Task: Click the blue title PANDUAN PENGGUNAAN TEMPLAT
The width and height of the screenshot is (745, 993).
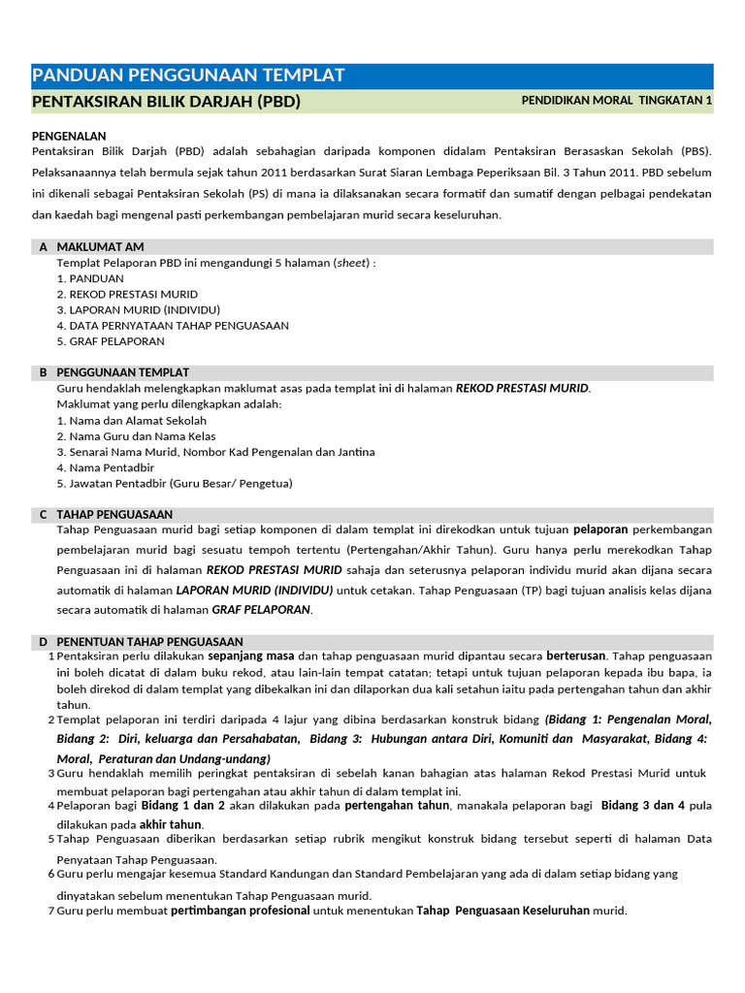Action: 188,76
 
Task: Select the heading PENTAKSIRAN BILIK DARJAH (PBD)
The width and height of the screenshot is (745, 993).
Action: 166,102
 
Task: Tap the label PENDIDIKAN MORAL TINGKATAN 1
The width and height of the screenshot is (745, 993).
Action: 616,100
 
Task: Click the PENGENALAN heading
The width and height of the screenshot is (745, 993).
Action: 69,137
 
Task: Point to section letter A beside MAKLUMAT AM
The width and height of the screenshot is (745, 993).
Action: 44,247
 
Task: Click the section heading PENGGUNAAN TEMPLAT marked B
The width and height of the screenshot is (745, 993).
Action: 122,372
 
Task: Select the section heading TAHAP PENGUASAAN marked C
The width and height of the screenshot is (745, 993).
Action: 114,514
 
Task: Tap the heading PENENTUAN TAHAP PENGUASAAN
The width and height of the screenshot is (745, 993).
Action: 149,642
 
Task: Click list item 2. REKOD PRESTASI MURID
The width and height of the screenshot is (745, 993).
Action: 127,294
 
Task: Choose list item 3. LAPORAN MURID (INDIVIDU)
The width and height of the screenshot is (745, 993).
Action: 139,309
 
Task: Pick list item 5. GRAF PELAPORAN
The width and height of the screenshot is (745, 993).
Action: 111,341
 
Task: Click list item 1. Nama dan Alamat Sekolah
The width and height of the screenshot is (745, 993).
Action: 131,421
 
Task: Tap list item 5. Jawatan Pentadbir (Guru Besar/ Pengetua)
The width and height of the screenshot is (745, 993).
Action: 175,483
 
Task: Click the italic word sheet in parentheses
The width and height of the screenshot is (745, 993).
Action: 352,263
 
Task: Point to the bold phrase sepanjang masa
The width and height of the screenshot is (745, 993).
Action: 251,657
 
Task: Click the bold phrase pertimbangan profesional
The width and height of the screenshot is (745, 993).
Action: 241,911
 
